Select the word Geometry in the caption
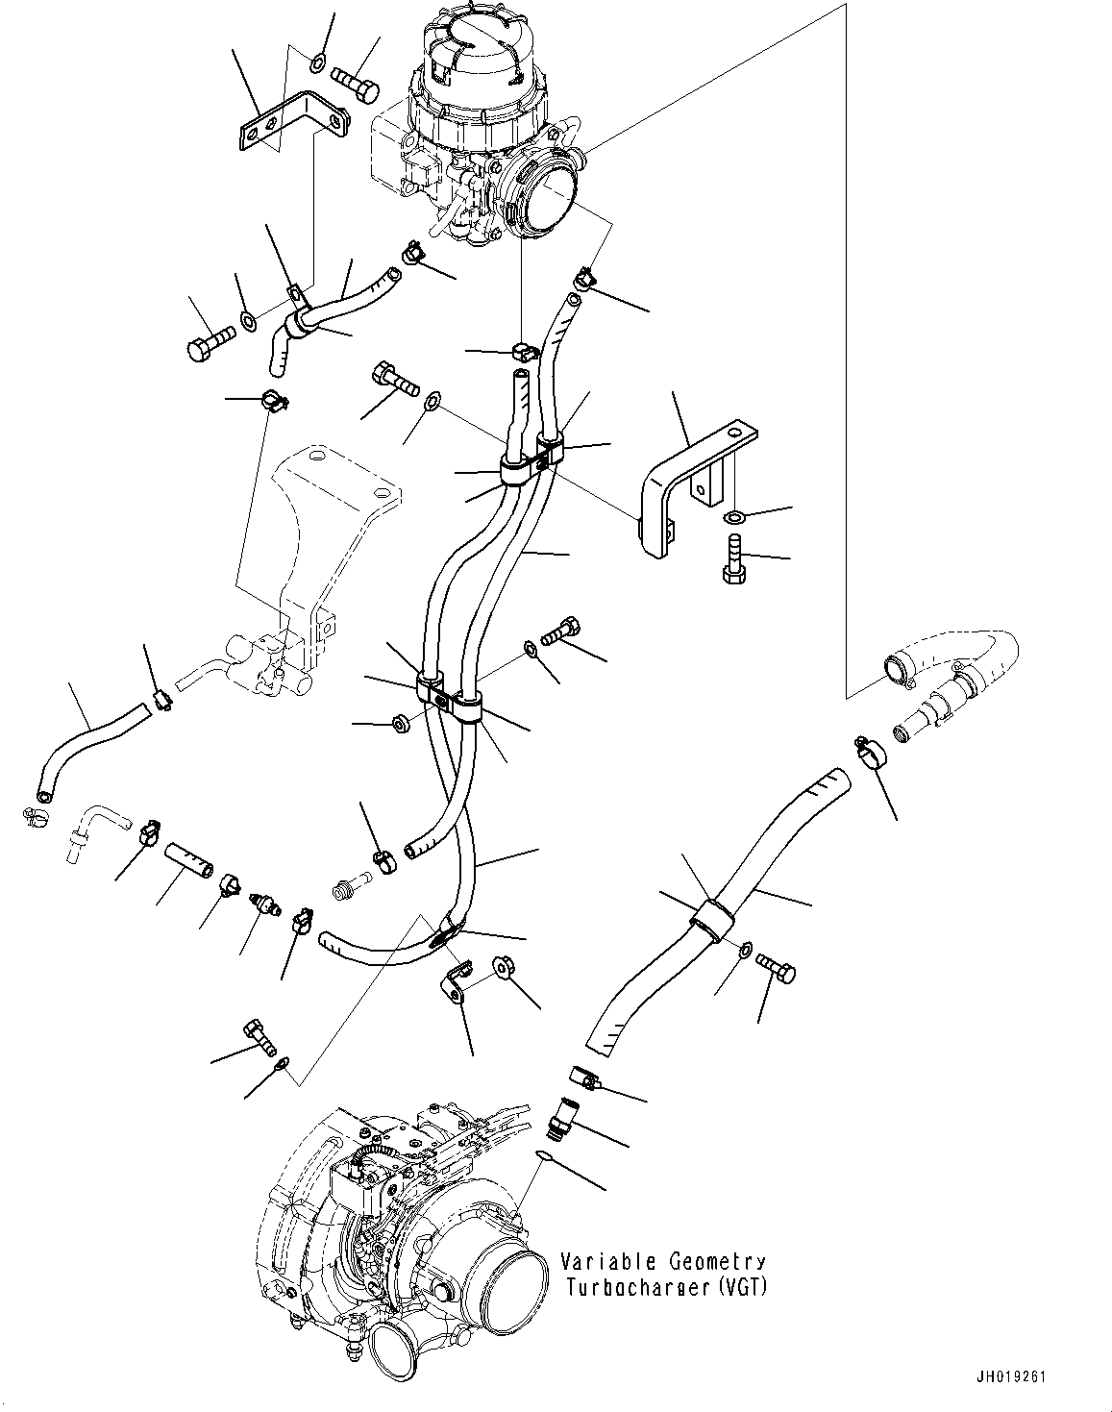click(717, 1262)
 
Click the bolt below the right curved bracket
click(734, 557)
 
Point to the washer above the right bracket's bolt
click(733, 518)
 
